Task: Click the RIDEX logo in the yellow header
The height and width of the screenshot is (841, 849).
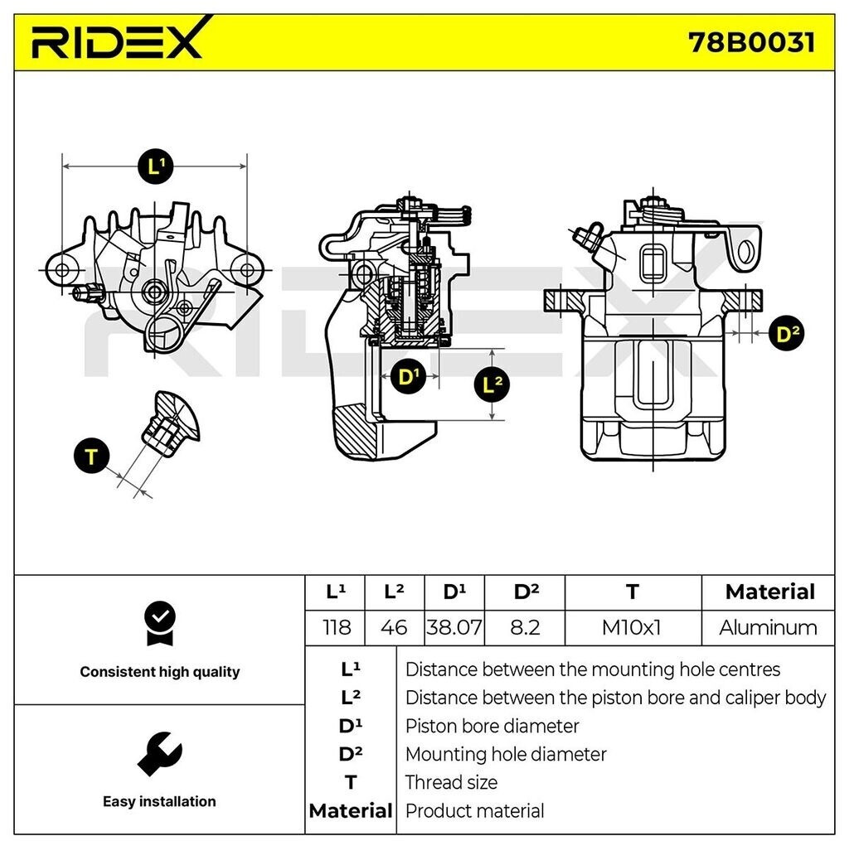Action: point(117,40)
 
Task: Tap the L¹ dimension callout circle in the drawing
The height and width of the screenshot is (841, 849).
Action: point(155,167)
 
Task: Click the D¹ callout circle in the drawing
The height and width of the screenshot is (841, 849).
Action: point(408,378)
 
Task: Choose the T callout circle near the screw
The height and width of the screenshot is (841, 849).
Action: point(92,456)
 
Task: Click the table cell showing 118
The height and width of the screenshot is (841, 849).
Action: point(335,627)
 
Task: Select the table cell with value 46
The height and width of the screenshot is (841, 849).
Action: point(394,627)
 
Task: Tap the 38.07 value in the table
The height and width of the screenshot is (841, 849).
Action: point(454,627)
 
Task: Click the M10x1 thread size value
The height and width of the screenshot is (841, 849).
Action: point(632,627)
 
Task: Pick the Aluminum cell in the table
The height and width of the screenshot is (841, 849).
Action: point(768,627)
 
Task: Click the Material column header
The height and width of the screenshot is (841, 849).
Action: point(769,592)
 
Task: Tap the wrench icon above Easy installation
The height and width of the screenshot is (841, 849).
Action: point(159,754)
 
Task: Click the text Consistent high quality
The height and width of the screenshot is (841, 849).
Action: point(159,672)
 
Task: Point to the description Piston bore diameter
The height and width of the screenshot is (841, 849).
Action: point(492,726)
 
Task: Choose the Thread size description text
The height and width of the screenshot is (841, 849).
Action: point(451,782)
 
